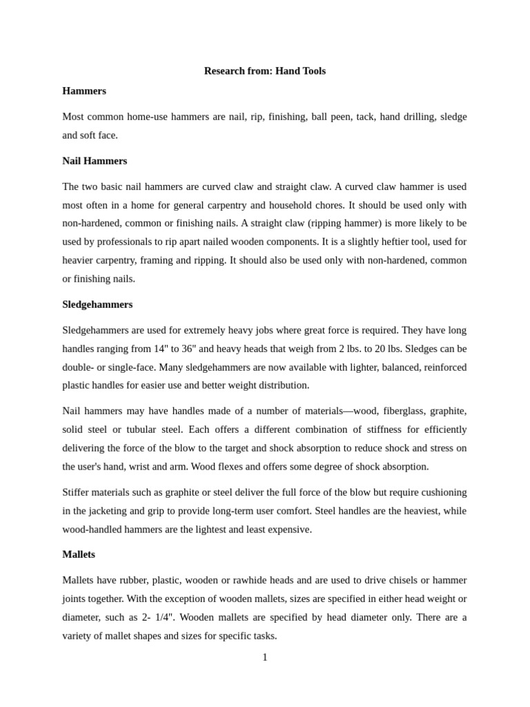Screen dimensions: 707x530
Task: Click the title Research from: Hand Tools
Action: (x=264, y=71)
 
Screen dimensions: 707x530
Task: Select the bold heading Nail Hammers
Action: (x=95, y=161)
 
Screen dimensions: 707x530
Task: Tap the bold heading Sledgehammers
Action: (x=97, y=304)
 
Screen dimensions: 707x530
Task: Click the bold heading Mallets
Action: (x=79, y=554)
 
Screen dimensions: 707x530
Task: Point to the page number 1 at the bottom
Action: (x=265, y=657)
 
